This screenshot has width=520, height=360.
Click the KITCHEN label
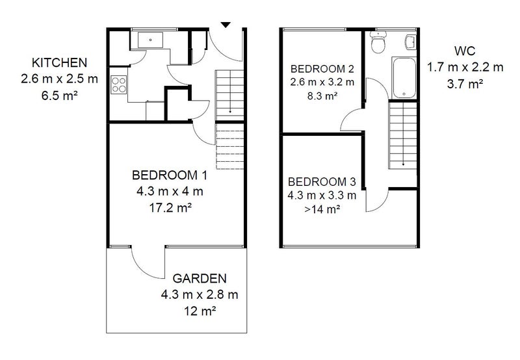point(59,62)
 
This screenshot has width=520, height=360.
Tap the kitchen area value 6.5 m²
point(60,96)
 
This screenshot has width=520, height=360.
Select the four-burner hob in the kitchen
point(119,84)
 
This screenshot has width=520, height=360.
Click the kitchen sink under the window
point(151,40)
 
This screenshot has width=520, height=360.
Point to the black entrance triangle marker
point(226,25)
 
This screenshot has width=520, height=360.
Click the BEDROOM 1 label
point(170,175)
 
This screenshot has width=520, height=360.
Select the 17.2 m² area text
point(170,208)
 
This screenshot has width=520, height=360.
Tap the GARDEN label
point(200,279)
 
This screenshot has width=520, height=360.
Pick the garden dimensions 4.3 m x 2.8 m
point(200,294)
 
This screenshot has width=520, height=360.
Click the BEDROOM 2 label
point(322,69)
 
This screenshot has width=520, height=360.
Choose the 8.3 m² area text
point(322,96)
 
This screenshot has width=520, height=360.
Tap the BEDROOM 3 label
point(322,182)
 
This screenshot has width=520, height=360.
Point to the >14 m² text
point(322,209)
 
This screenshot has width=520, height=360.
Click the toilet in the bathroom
point(378,42)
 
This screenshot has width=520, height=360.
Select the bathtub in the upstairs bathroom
point(404,78)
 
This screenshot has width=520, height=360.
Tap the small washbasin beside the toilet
point(411,42)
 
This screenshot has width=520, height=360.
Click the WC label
point(465,51)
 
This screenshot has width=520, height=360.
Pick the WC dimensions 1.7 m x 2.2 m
point(465,68)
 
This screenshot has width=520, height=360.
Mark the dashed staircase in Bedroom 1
point(230,146)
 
